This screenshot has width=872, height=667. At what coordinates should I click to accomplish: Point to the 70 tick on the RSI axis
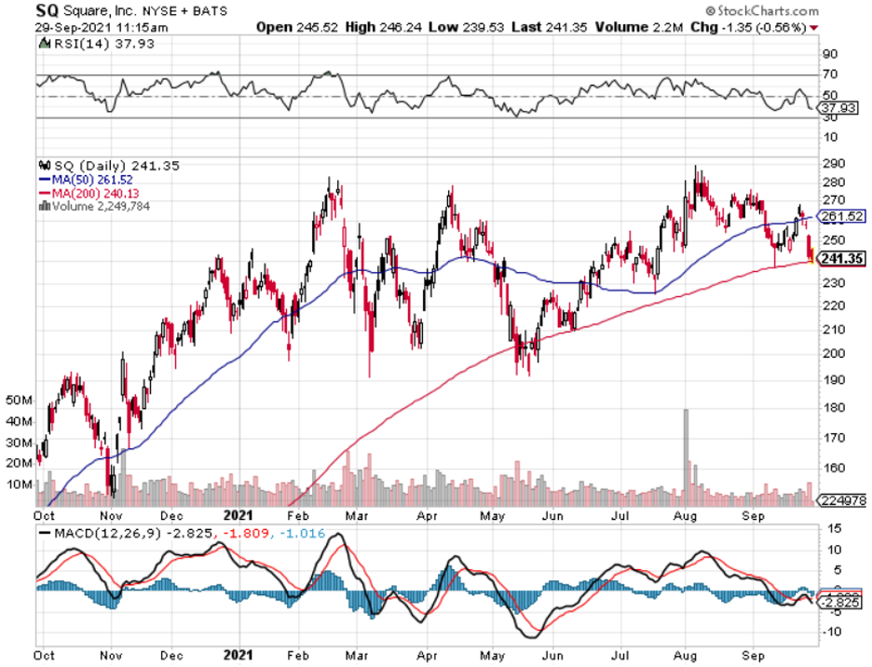(x=827, y=75)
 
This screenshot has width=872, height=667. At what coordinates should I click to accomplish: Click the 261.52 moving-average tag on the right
(x=840, y=216)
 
